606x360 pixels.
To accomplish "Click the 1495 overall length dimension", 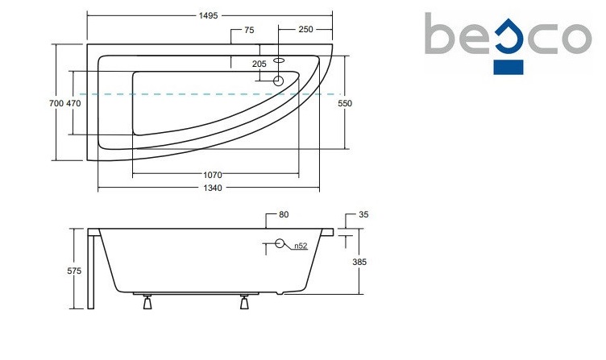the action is tap(208, 15).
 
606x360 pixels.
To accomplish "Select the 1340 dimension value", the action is tap(211, 188).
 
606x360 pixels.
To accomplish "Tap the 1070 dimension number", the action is tap(213, 174).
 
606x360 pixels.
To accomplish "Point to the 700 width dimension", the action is tap(56, 103).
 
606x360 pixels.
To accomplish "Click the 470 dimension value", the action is tap(73, 103).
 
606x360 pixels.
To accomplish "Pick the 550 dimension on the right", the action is tap(346, 103).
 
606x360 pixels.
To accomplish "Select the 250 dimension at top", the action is tap(305, 30).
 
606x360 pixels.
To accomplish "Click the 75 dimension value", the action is tap(249, 30).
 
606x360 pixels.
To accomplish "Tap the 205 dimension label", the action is tap(259, 64).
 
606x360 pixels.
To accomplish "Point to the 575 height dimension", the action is tap(74, 271).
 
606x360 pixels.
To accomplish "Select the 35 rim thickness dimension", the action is tap(363, 215).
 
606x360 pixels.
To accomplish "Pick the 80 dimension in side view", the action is tap(283, 215).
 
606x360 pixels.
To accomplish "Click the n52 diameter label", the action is tap(300, 246).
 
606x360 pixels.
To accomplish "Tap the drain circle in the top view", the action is tap(279, 81).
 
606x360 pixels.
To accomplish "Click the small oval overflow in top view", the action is tap(280, 59).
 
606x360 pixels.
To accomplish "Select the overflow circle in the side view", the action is tap(281, 244).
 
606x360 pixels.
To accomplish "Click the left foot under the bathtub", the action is tap(147, 304).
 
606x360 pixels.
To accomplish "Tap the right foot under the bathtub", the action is tap(244, 304).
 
